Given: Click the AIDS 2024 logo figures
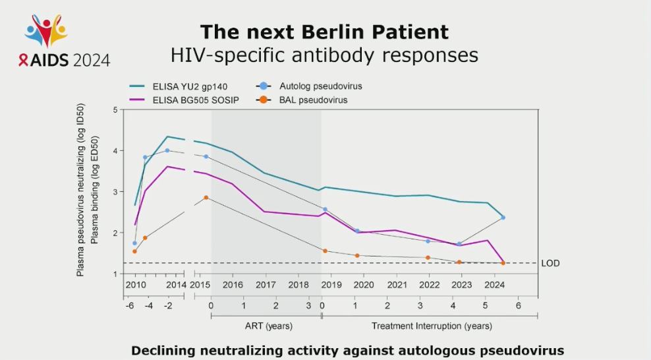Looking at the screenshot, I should (x=46, y=29).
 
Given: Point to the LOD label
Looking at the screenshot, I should (x=550, y=263).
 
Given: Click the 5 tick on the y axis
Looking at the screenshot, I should (x=115, y=109).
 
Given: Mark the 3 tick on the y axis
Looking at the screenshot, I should (x=115, y=192).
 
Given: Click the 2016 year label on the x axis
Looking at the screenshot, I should (x=233, y=285).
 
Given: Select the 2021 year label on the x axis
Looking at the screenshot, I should (x=397, y=285).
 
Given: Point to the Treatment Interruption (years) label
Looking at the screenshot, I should (x=431, y=326).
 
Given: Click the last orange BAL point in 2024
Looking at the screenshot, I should (x=503, y=263).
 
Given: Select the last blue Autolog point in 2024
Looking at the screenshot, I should (x=503, y=218).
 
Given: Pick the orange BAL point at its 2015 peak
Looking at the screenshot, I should (x=206, y=197).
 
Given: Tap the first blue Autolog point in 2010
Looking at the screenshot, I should (x=134, y=243).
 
